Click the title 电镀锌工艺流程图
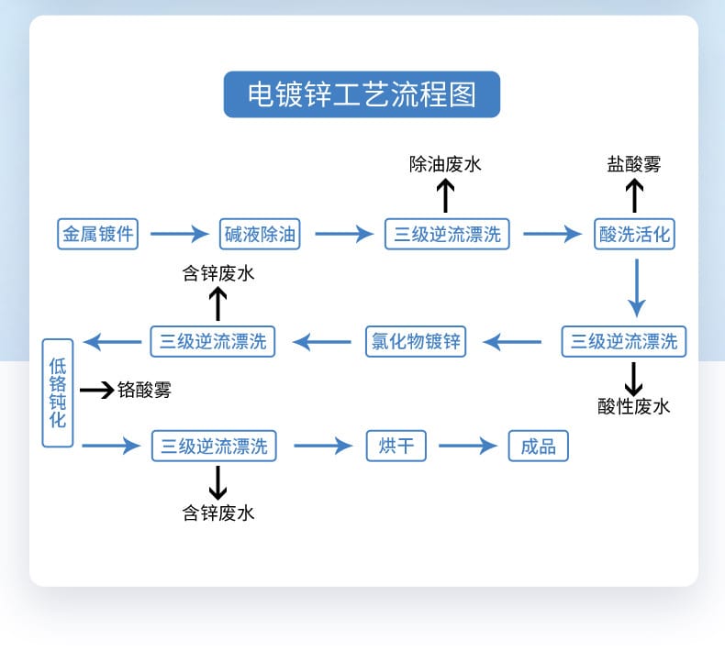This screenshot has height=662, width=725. point(362,94)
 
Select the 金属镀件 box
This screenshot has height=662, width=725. point(97,234)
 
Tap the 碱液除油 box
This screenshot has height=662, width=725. point(261,234)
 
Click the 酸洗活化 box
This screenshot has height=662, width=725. point(634,234)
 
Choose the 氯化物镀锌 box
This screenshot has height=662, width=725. point(416,341)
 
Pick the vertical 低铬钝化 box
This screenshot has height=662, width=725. point(57,393)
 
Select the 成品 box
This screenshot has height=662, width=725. point(539,447)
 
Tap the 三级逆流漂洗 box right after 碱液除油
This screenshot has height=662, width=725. point(447,234)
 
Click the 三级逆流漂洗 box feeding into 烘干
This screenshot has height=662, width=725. point(214,447)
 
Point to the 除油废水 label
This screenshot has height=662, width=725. point(445,164)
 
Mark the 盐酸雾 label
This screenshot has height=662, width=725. point(634,164)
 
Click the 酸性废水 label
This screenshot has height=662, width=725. point(634,406)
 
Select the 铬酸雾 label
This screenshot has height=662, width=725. point(144,391)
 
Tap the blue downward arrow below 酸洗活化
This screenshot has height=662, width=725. point(635,287)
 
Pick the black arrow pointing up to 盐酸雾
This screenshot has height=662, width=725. point(634,196)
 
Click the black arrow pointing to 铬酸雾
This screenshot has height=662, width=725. point(96,391)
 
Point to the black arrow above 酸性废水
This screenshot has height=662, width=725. point(634,377)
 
